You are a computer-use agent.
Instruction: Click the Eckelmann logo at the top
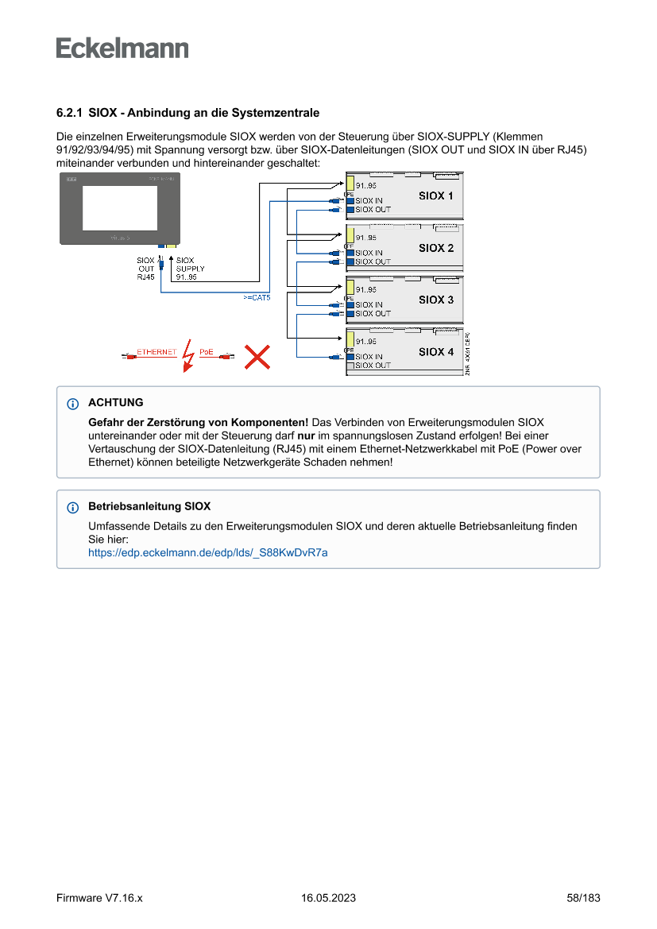122,48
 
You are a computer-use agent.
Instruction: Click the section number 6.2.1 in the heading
70,114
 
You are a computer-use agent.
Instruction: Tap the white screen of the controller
120,207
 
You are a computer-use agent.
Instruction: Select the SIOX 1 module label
436,195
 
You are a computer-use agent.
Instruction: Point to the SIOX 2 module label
436,248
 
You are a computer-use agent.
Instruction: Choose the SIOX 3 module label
436,300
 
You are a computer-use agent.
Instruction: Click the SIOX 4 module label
436,351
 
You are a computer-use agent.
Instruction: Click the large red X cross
256,357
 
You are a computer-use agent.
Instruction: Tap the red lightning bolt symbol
187,356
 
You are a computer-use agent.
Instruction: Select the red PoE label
207,351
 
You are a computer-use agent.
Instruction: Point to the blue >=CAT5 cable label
257,297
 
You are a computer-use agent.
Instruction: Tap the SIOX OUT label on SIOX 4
373,366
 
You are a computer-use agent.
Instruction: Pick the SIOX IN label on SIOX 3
369,305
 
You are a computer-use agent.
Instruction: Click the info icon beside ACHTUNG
73,404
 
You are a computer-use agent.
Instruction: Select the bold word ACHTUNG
116,403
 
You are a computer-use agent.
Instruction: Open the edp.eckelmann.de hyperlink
207,552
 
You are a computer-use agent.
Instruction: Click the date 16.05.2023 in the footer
328,898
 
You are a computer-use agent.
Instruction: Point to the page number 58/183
583,898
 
